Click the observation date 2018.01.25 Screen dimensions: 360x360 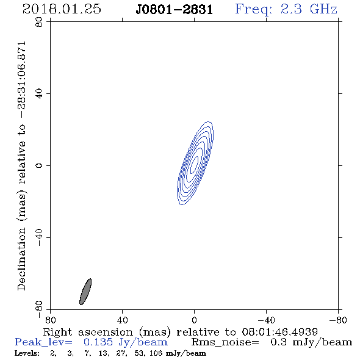coord(62,9)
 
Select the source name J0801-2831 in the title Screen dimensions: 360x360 coord(175,10)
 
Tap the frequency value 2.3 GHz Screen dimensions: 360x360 coord(309,9)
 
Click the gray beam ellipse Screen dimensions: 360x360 coord(85,292)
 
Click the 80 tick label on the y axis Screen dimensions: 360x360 coord(39,22)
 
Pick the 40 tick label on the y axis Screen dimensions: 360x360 coord(39,94)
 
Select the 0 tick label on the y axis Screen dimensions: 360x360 coord(39,165)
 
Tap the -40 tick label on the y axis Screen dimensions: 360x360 coord(39,237)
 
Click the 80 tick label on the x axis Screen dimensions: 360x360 coord(50,320)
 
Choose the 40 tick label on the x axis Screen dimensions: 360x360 coord(122,320)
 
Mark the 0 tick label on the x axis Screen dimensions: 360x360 coord(194,320)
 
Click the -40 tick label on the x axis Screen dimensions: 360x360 coord(266,320)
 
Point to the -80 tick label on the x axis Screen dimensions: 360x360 coord(338,320)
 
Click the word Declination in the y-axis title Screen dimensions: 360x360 coord(21,259)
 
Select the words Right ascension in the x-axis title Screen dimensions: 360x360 coord(88,332)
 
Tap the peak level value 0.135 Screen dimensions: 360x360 coord(98,342)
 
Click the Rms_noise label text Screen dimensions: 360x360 coord(225,342)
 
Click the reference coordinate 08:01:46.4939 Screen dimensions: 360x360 coord(279,332)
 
